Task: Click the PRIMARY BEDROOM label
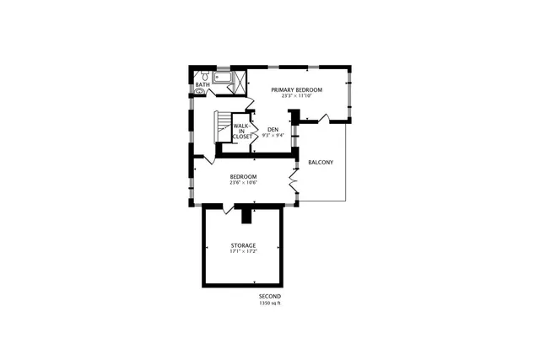point(296,89)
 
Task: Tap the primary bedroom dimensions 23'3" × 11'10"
point(296,96)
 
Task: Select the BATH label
point(202,84)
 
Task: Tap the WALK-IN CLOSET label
point(241,131)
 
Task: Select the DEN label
point(273,130)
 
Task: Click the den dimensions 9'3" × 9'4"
point(273,136)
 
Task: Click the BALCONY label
point(320,162)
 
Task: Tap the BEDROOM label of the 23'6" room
point(243,176)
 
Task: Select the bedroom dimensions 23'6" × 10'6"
point(243,183)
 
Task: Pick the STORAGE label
point(243,245)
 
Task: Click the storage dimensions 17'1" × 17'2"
point(243,251)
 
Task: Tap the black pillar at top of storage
point(246,217)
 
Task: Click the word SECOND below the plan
point(270,297)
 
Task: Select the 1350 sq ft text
point(270,304)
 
